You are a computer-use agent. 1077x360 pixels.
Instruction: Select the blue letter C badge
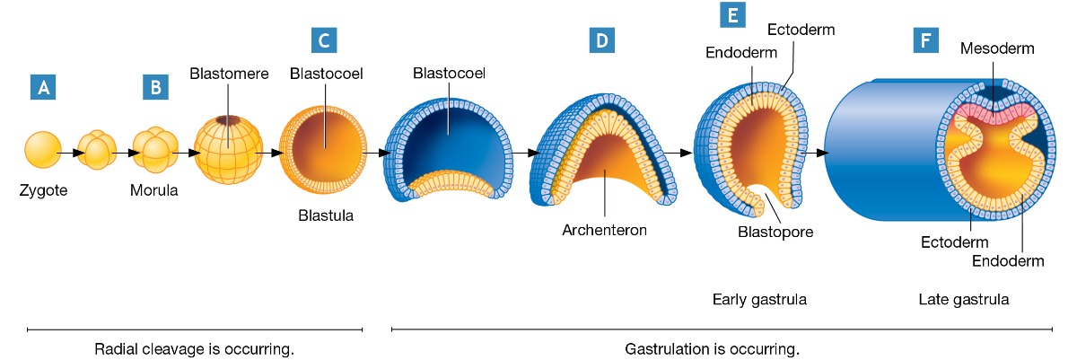323,40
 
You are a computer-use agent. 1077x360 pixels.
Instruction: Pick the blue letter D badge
600,40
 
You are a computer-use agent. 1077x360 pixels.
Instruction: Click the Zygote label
42,191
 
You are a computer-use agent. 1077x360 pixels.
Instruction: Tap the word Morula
154,191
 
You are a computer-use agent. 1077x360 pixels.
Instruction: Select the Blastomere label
230,74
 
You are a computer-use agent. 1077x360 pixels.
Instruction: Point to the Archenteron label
604,229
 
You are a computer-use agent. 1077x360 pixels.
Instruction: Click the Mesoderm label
995,48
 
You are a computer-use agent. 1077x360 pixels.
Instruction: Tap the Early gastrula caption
759,299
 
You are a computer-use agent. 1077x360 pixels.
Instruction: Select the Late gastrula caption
964,299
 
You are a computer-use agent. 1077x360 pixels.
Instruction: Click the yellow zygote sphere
42,149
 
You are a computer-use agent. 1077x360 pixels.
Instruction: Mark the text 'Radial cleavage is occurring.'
194,347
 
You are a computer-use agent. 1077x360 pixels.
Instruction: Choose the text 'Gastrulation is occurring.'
711,347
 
